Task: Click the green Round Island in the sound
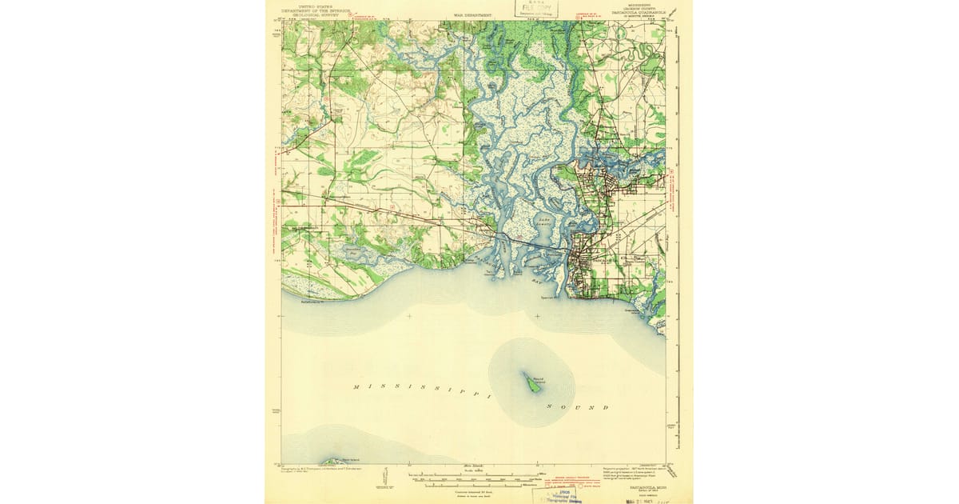tap(531, 382)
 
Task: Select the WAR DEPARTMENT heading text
tap(472, 14)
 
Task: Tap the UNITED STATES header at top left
tap(312, 5)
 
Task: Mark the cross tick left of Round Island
tap(409, 316)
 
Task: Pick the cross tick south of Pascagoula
tap(537, 316)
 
